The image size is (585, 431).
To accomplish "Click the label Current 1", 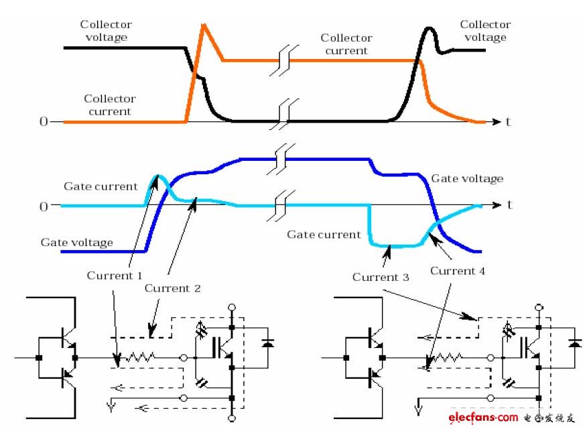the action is pos(115,275).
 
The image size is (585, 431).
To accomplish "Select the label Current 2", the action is pos(172,288).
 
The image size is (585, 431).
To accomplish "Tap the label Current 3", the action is pos(381,277).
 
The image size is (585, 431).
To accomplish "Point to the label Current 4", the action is pos(458,271).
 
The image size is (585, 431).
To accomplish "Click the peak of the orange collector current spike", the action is pos(203,25).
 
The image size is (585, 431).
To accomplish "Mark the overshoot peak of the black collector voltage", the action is pos(429,28).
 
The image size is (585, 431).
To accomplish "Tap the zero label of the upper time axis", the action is pos(44,121).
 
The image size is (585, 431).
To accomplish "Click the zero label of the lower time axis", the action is pos(44,206).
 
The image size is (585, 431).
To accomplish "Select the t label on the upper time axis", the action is pos(508,121).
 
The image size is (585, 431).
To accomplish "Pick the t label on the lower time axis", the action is pos(510,204).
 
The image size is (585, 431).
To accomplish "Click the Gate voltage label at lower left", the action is pos(77,243).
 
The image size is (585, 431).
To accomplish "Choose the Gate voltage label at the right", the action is pos(467,179).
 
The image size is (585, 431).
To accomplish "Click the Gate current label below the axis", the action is pos(324,235).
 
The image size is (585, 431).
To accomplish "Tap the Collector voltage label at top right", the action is pos(485,31).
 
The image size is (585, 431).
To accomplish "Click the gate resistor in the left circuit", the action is pos(140,358).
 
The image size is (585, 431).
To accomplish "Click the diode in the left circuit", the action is pos(267,343).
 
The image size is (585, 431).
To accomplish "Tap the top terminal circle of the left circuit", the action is pos(232,308).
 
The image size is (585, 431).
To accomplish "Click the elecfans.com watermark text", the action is pos(483,417).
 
